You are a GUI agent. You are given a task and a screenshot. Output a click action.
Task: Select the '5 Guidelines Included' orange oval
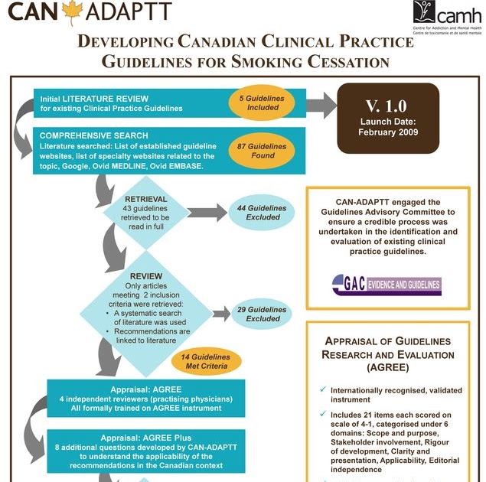click(x=262, y=103)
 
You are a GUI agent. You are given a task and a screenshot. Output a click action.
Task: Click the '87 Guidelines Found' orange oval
click(x=262, y=151)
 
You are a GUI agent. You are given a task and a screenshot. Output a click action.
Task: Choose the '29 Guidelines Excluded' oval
click(x=267, y=314)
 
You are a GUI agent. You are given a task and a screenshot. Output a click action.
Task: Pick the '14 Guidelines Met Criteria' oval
click(x=204, y=361)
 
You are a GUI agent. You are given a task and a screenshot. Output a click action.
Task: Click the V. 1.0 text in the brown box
click(x=388, y=106)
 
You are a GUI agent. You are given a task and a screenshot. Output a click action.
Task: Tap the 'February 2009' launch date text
click(x=388, y=132)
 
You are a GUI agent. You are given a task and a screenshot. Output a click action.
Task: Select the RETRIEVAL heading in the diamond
click(x=145, y=199)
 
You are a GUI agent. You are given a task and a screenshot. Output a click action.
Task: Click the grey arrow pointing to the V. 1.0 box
click(x=326, y=103)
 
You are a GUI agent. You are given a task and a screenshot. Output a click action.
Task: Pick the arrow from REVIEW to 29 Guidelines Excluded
click(x=220, y=313)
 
